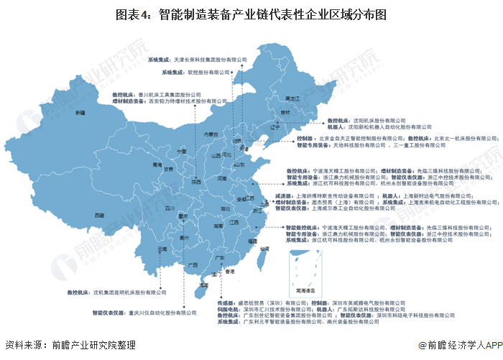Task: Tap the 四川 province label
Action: (170, 208)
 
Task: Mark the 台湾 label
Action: (264, 249)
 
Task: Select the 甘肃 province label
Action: (167, 170)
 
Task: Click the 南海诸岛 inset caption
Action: (303, 290)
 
